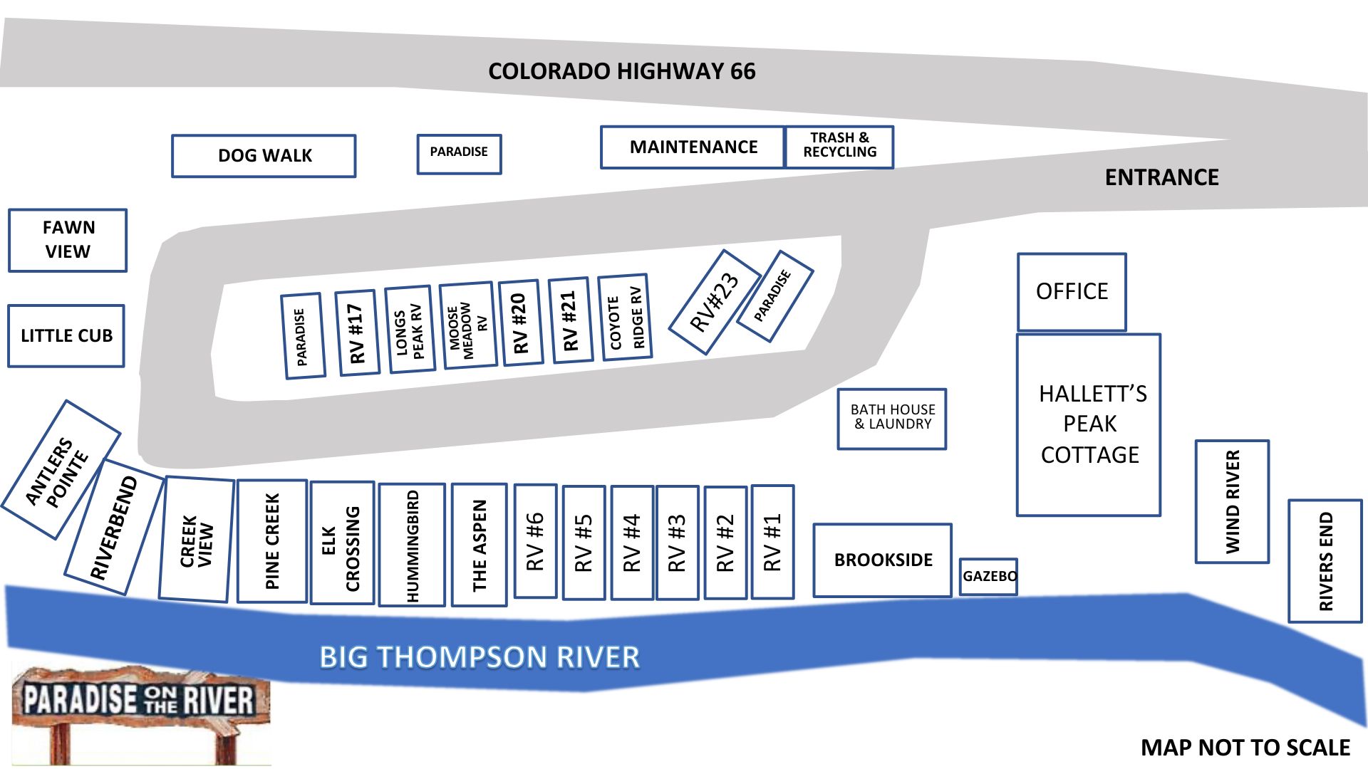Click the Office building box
pos(1072,292)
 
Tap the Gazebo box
pos(988,576)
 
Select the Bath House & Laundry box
pos(892,419)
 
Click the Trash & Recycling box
pos(839,147)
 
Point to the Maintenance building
pos(693,147)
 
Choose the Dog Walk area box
pos(264,156)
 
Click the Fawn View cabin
pos(68,240)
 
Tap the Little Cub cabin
pos(66,336)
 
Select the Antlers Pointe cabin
pos(60,470)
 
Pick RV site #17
pos(356,333)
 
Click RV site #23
pos(715,302)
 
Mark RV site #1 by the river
pos(772,542)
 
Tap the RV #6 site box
pos(535,541)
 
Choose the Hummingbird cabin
pos(412,545)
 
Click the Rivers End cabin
pos(1325,561)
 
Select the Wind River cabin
pos(1232,501)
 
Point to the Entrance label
pos(1161,177)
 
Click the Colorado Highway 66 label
pos(621,71)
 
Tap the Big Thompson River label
pos(479,656)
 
